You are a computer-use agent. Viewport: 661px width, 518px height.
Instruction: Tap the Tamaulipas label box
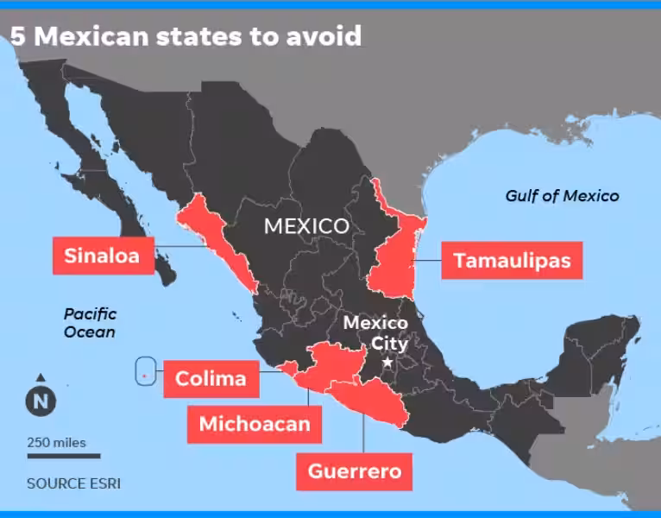[512, 260]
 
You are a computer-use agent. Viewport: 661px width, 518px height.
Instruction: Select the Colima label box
[211, 378]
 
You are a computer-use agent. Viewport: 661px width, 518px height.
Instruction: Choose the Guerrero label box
[354, 471]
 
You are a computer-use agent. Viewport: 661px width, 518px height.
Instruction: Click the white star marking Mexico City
[387, 363]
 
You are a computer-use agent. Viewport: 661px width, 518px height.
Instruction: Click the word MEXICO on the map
[306, 226]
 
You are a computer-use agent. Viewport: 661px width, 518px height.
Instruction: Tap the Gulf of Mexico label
[562, 196]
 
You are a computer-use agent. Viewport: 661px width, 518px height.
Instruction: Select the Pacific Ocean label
[90, 323]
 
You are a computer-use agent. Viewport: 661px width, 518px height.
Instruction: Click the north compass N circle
[41, 401]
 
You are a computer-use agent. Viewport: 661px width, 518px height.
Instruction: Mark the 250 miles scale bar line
[63, 456]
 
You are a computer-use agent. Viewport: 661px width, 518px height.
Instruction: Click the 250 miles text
[57, 443]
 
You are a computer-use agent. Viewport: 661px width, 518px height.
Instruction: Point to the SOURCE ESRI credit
[73, 483]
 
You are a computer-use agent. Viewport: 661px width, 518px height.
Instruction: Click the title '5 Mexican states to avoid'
[185, 36]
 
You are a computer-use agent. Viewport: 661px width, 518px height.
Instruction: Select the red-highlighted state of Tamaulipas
[392, 259]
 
